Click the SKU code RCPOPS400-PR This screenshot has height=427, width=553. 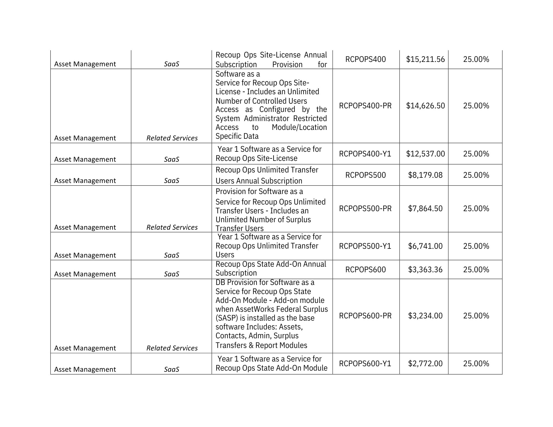pyautogui.click(x=365, y=106)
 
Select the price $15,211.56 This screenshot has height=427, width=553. pyautogui.click(x=425, y=59)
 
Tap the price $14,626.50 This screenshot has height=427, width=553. pyautogui.click(x=425, y=106)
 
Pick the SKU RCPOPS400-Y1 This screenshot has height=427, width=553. pyautogui.click(x=365, y=154)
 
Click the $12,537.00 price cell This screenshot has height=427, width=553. pyautogui.click(x=425, y=154)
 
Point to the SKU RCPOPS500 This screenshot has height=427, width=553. pyautogui.click(x=365, y=175)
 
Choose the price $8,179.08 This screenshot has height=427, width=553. pyautogui.click(x=425, y=175)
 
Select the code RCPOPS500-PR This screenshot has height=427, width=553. pyautogui.click(x=365, y=209)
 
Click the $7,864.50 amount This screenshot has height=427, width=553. pyautogui.click(x=425, y=209)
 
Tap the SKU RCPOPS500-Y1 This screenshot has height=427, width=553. pyautogui.click(x=365, y=246)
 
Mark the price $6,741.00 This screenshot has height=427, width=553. pyautogui.click(x=425, y=246)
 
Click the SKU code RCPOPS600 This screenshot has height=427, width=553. pyautogui.click(x=365, y=270)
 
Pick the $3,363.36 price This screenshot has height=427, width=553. pyautogui.click(x=425, y=270)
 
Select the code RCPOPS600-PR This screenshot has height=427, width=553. pyautogui.click(x=365, y=316)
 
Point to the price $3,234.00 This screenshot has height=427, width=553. pyautogui.click(x=425, y=316)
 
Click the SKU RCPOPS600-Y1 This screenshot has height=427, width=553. pyautogui.click(x=365, y=364)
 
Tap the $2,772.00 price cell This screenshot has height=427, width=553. pyautogui.click(x=425, y=364)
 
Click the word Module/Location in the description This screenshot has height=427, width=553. pyautogui.click(x=299, y=127)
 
